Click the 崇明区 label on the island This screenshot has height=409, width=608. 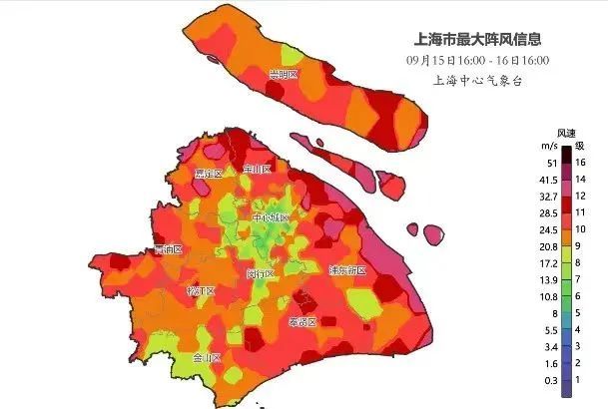pyautogui.click(x=284, y=75)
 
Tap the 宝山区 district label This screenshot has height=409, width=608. pyautogui.click(x=258, y=170)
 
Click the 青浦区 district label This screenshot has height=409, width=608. pyautogui.click(x=168, y=249)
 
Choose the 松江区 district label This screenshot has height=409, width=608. pyautogui.click(x=202, y=291)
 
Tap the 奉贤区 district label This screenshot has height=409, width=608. pyautogui.click(x=302, y=321)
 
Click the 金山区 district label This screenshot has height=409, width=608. pyautogui.click(x=206, y=357)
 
